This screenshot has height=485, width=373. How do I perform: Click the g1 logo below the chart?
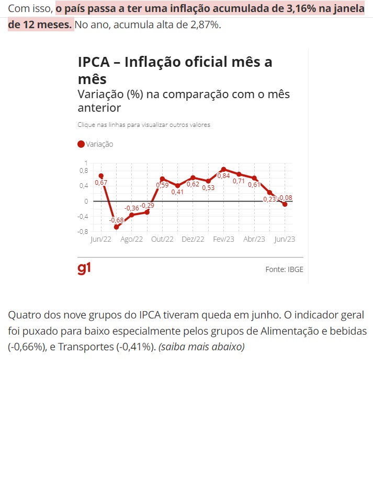coord(84,268)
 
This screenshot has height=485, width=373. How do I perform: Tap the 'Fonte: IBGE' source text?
coord(284,269)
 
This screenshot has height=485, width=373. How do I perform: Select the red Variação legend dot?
coord(81,145)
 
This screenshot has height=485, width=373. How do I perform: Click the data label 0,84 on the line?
coord(223,176)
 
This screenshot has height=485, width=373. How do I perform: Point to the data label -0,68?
coord(116,220)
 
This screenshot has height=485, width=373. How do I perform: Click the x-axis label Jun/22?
coord(101,239)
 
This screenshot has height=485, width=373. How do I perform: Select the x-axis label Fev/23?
coord(223,239)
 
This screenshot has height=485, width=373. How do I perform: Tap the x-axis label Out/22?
coord(162,239)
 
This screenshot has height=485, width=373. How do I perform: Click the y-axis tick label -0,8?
coord(83,231)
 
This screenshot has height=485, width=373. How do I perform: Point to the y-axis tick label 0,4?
coord(84,185)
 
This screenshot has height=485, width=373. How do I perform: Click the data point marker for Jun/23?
coord(285,204)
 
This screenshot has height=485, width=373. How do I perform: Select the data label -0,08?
coord(285,197)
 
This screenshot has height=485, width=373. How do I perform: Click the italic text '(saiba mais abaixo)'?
coord(201,347)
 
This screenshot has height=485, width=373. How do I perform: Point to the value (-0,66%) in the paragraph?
coord(27,347)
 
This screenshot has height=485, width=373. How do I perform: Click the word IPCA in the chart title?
coord(94,62)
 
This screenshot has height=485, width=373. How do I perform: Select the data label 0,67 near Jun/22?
coord(101,183)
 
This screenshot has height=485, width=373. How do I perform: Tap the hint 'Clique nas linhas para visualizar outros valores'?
coord(144,125)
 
